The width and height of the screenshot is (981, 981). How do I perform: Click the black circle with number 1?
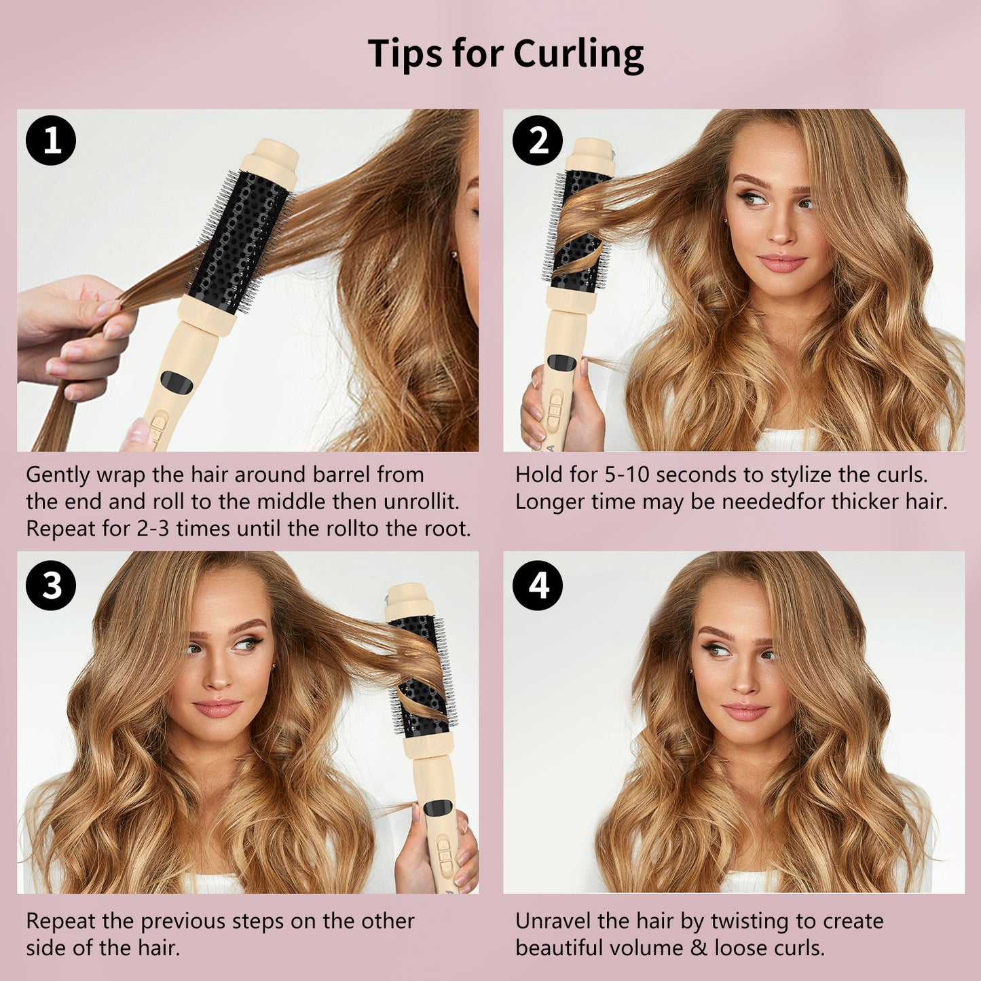(x=51, y=141)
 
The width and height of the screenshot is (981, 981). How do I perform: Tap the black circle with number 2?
(x=538, y=141)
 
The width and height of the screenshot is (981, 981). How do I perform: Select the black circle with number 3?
(x=51, y=585)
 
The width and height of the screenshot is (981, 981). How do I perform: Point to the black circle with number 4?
(x=538, y=585)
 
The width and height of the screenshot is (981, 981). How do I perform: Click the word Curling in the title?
(x=578, y=54)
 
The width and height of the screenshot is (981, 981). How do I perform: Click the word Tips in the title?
(x=405, y=53)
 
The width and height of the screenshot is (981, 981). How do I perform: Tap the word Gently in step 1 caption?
(x=58, y=475)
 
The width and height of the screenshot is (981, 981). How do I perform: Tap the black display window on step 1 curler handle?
(x=177, y=382)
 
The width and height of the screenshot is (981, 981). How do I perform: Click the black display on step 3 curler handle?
(x=438, y=807)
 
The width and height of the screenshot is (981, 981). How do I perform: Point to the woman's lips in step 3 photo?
(x=217, y=707)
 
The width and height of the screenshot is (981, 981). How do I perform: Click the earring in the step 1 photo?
(x=452, y=253)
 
